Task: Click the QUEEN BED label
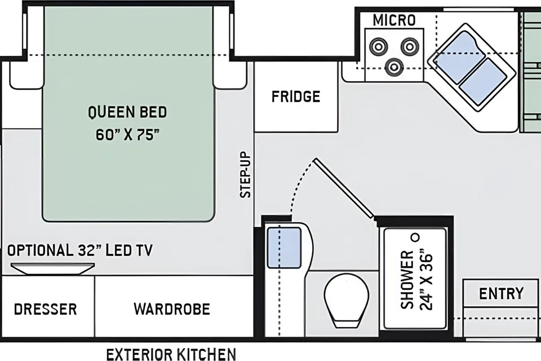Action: tap(127, 112)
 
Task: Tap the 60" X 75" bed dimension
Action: tap(128, 134)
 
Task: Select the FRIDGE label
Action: tap(296, 96)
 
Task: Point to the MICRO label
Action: tap(394, 20)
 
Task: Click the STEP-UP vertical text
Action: tap(246, 174)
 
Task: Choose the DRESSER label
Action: tap(45, 309)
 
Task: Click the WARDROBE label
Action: tap(172, 309)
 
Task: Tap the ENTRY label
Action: tap(501, 294)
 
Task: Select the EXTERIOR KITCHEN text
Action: tap(171, 354)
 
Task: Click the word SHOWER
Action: tap(407, 280)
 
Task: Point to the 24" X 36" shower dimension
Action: tap(426, 280)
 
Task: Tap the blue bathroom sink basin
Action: tap(284, 248)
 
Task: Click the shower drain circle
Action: tap(416, 237)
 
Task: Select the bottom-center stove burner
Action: tap(394, 67)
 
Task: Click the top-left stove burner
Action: tap(379, 46)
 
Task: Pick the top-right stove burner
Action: tap(410, 46)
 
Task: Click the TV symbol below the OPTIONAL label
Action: tap(52, 268)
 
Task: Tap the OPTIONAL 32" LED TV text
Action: tap(79, 250)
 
